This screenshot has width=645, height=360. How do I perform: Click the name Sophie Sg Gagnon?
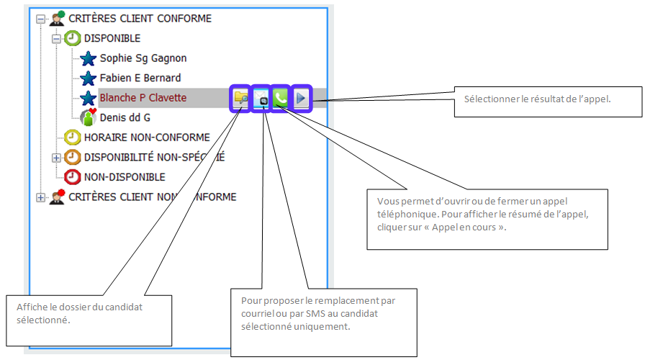point(143,58)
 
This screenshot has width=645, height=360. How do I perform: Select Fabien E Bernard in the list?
point(140,78)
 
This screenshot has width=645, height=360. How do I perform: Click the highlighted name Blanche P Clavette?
point(143,98)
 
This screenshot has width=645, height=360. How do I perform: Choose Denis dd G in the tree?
point(125,117)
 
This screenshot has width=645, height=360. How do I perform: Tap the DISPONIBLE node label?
point(112,38)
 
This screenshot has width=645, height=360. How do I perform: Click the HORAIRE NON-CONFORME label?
point(147,138)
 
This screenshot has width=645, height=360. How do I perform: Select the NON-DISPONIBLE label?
point(125,176)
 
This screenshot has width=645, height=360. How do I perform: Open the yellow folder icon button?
point(240,99)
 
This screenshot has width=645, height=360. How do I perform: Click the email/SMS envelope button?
point(261,99)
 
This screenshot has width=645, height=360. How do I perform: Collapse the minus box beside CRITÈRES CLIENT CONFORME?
point(40,19)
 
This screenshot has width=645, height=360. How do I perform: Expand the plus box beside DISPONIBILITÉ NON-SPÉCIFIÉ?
point(57,157)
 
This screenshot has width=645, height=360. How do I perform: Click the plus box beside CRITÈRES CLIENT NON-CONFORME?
point(40,197)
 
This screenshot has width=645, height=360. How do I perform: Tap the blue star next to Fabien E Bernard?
point(88,78)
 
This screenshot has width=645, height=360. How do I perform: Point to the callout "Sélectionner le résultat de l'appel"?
point(547,99)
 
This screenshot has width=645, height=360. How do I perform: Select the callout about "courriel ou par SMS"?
point(324,320)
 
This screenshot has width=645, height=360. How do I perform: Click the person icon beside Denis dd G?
point(88,117)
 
